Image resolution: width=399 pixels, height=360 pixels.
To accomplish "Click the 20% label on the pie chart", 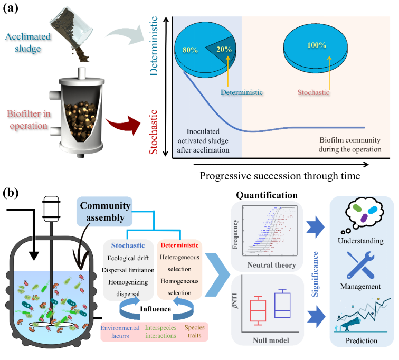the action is (x=224, y=49).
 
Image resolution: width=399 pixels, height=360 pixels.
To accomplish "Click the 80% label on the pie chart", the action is (x=191, y=50).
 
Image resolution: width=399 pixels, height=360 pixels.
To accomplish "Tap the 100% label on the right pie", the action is (x=317, y=45).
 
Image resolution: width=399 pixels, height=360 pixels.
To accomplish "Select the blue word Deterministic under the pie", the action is (x=242, y=92).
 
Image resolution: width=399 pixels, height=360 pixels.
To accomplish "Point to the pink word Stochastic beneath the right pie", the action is (x=313, y=92).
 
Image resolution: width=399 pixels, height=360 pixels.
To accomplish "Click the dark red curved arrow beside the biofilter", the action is (x=123, y=125).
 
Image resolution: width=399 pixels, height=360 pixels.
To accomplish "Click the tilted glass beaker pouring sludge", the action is (x=72, y=28).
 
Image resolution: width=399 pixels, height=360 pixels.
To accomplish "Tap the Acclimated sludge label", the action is (x=28, y=42).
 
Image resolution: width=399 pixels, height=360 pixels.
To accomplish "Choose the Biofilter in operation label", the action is (x=28, y=120).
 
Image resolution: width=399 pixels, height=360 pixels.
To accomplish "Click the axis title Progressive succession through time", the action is (x=280, y=176).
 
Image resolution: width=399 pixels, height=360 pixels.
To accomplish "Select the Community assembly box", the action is (x=104, y=212).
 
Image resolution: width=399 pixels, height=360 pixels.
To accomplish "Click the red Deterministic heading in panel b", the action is (x=179, y=245).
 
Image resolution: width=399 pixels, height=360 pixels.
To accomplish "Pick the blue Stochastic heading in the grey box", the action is (x=128, y=245).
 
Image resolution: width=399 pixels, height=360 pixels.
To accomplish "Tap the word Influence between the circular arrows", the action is (x=156, y=309).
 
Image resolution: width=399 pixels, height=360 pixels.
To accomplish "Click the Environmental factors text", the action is (x=120, y=332).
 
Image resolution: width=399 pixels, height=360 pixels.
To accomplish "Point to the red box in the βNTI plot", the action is (x=258, y=310).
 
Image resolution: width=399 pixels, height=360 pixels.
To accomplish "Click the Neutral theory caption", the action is (x=271, y=265).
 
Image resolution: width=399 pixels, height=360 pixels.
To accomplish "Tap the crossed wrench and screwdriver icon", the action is (x=360, y=264).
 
